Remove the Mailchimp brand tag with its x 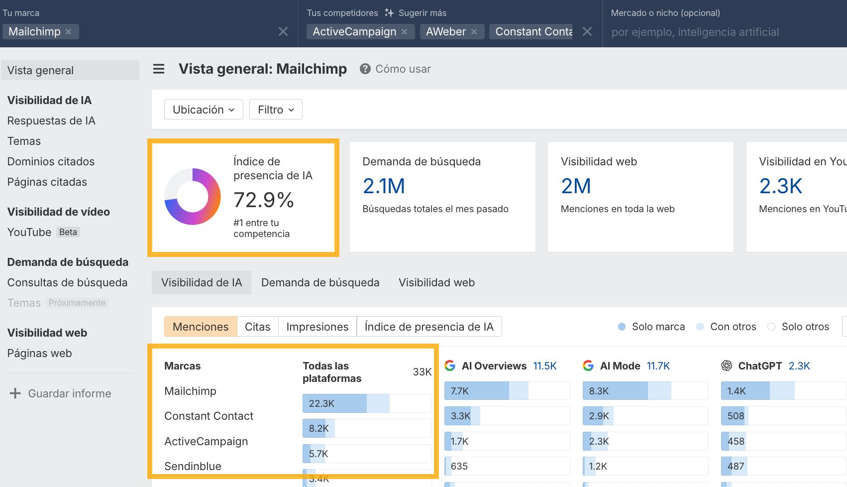click(x=69, y=32)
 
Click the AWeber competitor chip click(x=445, y=32)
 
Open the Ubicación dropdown click(x=204, y=110)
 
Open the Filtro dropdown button click(x=276, y=110)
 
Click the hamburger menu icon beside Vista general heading click(x=159, y=69)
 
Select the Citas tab click(x=257, y=327)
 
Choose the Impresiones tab click(x=317, y=327)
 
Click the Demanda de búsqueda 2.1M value click(x=384, y=186)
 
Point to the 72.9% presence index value click(x=264, y=200)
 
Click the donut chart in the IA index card click(x=193, y=197)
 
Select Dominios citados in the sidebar click(x=51, y=161)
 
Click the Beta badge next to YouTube click(x=68, y=232)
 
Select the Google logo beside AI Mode click(x=588, y=366)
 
